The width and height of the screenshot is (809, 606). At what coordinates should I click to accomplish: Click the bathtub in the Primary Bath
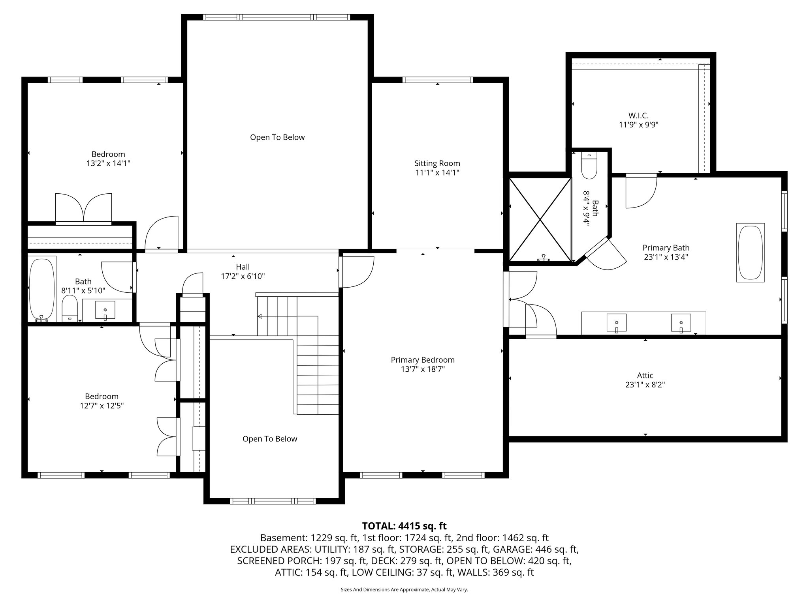[750, 252]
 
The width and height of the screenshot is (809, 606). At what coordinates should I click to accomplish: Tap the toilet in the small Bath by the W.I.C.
[589, 166]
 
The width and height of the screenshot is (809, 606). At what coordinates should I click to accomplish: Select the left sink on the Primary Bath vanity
[616, 323]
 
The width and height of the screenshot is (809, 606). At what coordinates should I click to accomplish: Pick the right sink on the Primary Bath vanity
[681, 323]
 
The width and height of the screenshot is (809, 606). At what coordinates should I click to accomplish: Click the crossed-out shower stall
[540, 219]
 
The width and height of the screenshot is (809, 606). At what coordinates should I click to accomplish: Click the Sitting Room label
[437, 163]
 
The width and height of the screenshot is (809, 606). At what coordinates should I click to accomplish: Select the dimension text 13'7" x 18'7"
[423, 369]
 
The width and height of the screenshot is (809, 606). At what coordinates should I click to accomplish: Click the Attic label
[645, 376]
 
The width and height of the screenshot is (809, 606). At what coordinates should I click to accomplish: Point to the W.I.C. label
[638, 116]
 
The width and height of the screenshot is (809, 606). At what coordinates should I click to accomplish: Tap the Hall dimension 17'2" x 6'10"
[243, 276]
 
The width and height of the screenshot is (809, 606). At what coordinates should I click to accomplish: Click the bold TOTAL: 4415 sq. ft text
[404, 526]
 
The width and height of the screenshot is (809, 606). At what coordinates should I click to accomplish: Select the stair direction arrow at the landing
[260, 316]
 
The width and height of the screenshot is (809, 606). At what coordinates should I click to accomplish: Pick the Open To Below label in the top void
[277, 137]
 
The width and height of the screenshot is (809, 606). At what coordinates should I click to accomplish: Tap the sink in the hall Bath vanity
[105, 310]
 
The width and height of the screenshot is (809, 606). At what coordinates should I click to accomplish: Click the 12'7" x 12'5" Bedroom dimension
[102, 406]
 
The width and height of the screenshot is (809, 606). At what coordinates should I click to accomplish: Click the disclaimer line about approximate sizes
[404, 590]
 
